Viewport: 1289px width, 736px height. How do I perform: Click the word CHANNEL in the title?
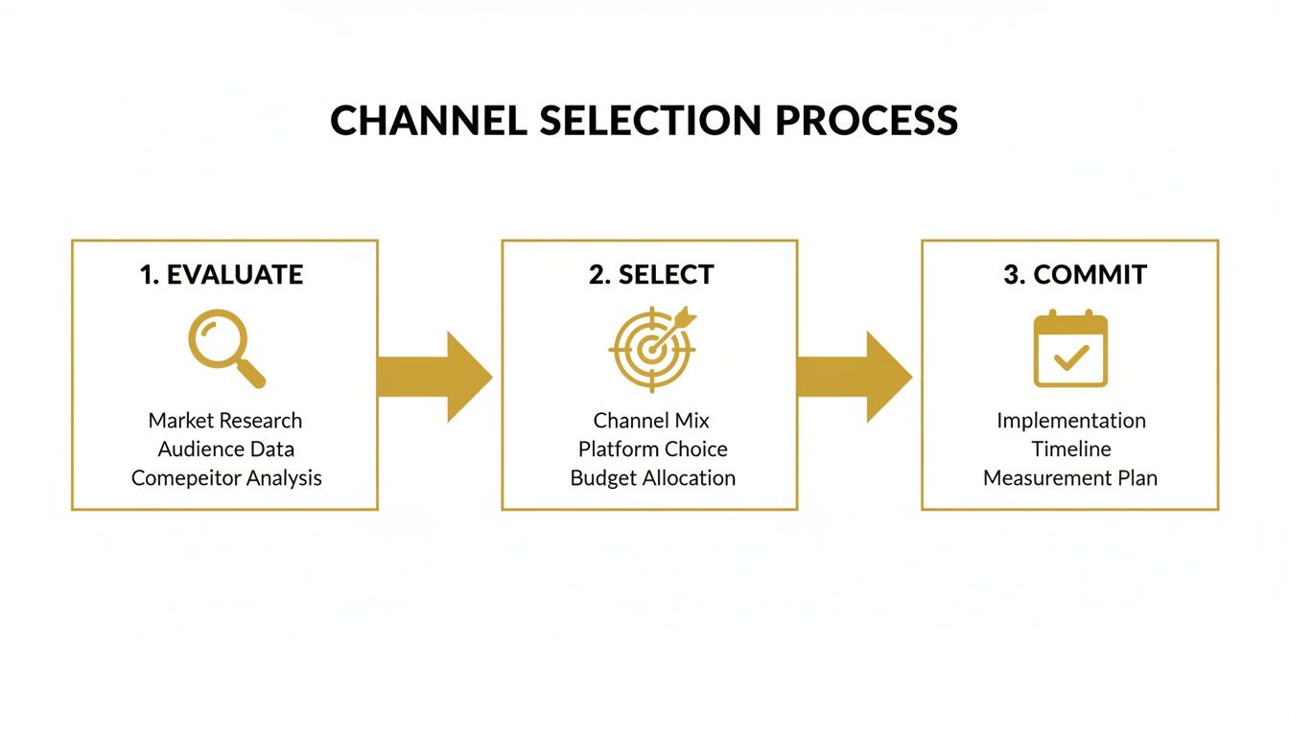pyautogui.click(x=428, y=121)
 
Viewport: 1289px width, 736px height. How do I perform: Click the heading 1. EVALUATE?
pyautogui.click(x=222, y=275)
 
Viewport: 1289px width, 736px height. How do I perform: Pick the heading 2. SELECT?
pyautogui.click(x=651, y=275)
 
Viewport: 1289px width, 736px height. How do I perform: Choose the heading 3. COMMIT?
pyautogui.click(x=1074, y=275)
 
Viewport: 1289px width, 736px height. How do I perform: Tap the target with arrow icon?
pyautogui.click(x=652, y=349)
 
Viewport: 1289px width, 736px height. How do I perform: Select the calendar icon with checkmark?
pyautogui.click(x=1070, y=349)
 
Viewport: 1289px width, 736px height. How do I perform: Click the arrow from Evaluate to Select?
pyautogui.click(x=435, y=377)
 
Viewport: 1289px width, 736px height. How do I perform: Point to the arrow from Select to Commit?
pyautogui.click(x=855, y=377)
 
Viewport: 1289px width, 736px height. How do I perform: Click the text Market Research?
pyautogui.click(x=225, y=421)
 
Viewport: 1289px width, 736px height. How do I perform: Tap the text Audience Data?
pyautogui.click(x=226, y=449)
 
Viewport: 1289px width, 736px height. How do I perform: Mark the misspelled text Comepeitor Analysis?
pyautogui.click(x=226, y=478)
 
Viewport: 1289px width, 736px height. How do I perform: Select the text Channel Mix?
pyautogui.click(x=651, y=421)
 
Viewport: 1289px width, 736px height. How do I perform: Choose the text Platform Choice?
pyautogui.click(x=652, y=449)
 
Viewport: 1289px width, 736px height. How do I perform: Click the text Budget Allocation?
pyautogui.click(x=652, y=478)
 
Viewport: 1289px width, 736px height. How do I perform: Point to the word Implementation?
pyautogui.click(x=1070, y=421)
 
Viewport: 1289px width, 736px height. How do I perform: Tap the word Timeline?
pyautogui.click(x=1071, y=449)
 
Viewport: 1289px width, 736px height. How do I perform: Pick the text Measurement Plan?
pyautogui.click(x=1070, y=478)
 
